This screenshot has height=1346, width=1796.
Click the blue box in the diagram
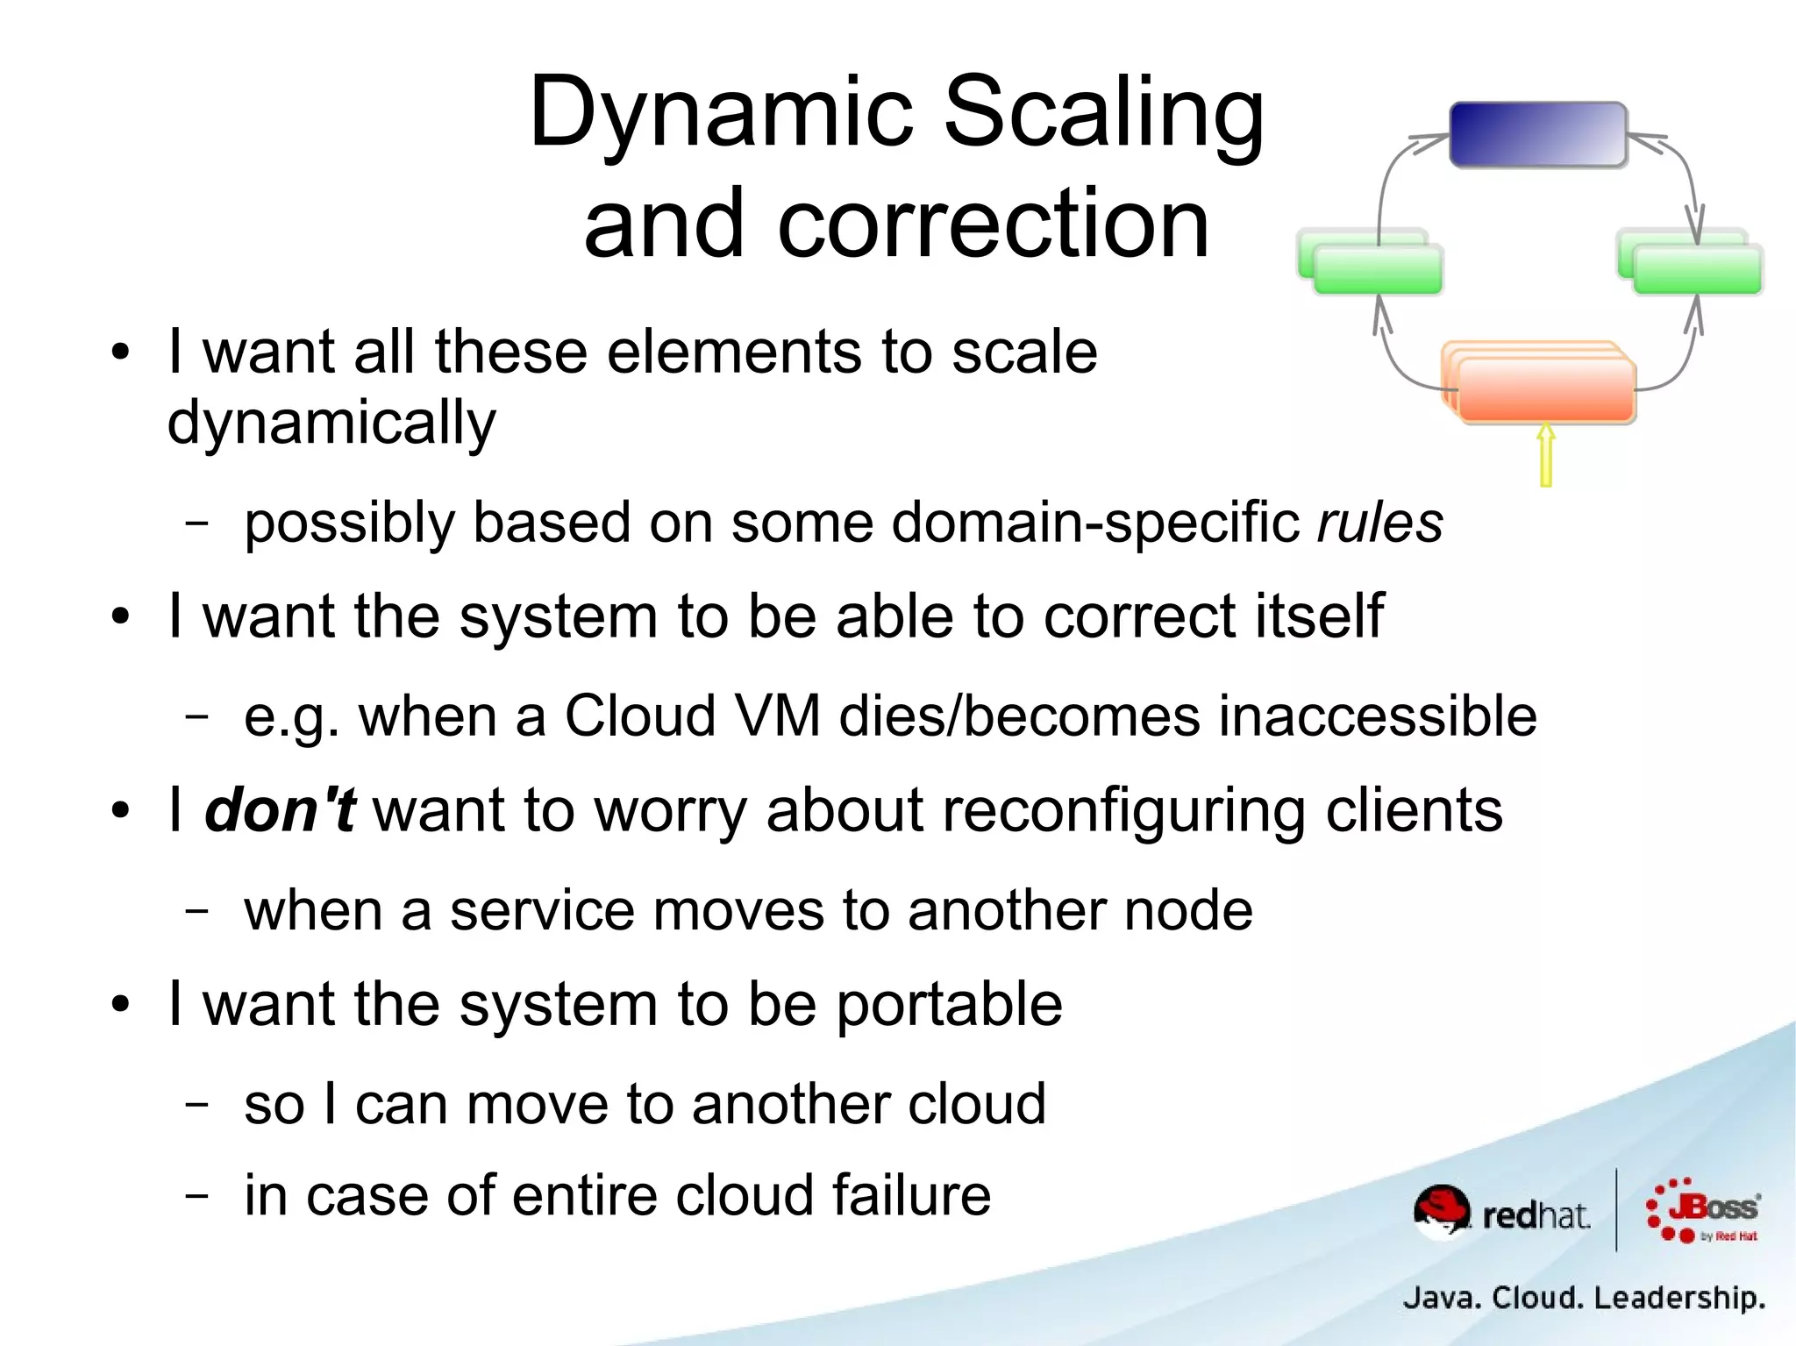[1538, 134]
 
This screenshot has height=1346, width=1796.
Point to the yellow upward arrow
[1546, 454]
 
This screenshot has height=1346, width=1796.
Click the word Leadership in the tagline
[1678, 1297]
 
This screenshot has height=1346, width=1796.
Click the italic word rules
[1379, 523]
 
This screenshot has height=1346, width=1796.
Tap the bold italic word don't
[280, 809]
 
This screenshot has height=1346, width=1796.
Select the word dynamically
[331, 424]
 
